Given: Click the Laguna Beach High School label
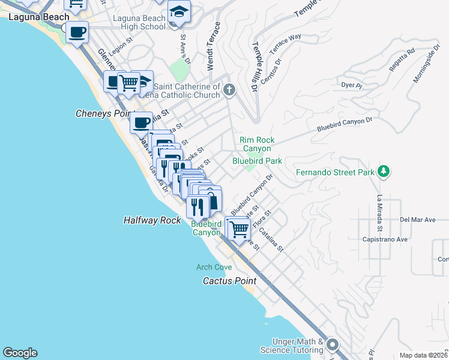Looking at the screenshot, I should pyautogui.click(x=139, y=22).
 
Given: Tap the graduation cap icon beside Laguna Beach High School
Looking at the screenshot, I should pyautogui.click(x=179, y=13).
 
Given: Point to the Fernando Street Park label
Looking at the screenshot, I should pyautogui.click(x=335, y=173).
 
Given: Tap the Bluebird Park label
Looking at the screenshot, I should pyautogui.click(x=257, y=161).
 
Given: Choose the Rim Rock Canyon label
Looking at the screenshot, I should pyautogui.click(x=256, y=144).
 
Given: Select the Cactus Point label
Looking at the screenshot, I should pyautogui.click(x=229, y=281).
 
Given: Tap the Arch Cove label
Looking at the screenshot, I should pyautogui.click(x=213, y=267).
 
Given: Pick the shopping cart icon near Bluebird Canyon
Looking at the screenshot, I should pyautogui.click(x=239, y=229).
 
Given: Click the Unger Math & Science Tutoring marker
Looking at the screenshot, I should pyautogui.click(x=333, y=345).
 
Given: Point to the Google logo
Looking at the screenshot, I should pyautogui.click(x=20, y=353).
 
